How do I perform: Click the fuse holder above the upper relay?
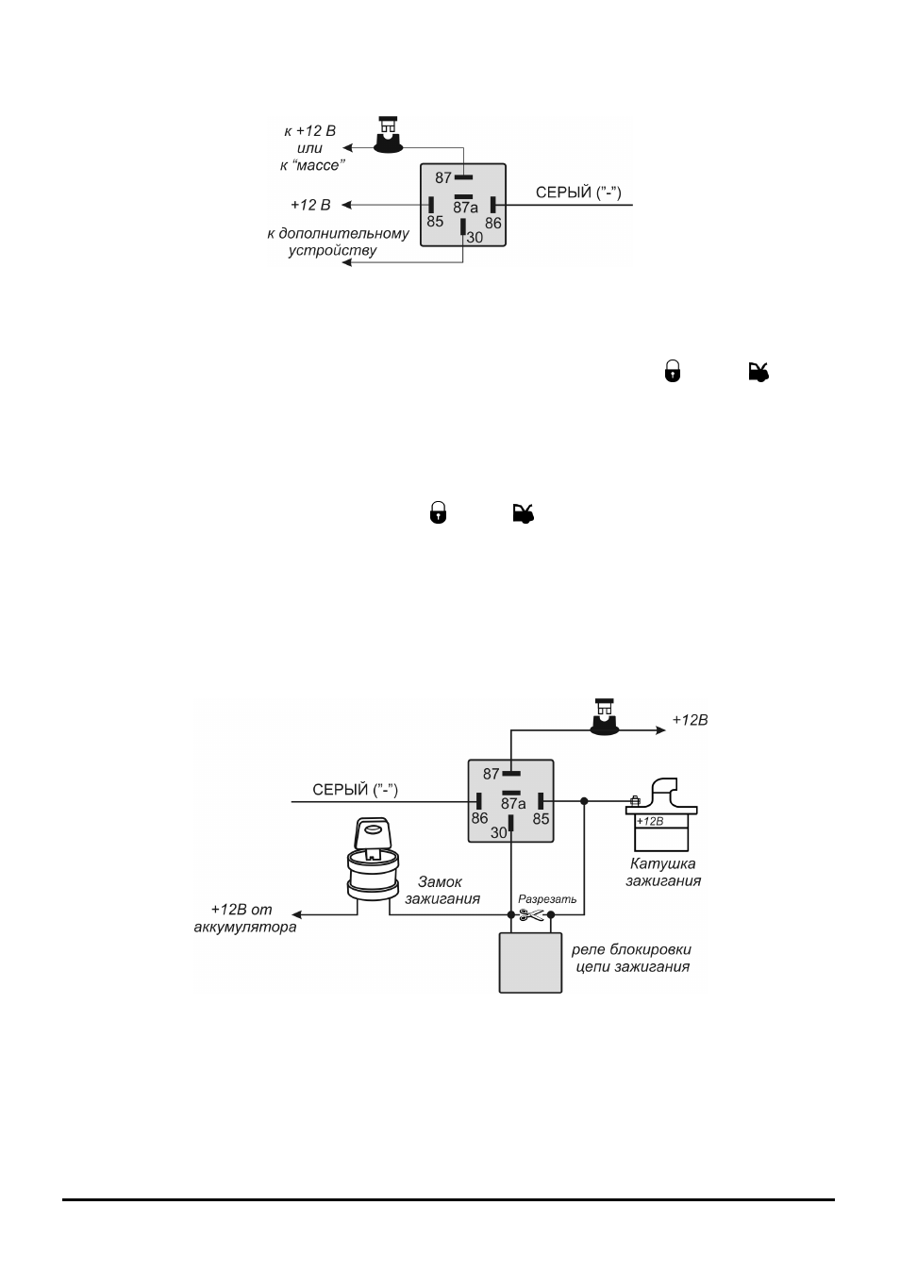[x=389, y=135]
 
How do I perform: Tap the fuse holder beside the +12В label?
[x=604, y=717]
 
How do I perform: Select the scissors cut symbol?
[x=531, y=914]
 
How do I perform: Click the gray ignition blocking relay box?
[x=530, y=962]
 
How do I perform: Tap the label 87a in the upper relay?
[x=465, y=208]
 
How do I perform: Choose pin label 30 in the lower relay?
[x=498, y=832]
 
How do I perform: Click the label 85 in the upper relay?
[x=435, y=222]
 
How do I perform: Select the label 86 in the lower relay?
[x=479, y=818]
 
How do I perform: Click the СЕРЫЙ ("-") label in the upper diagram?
[x=578, y=192]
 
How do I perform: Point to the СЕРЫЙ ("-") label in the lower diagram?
[x=355, y=790]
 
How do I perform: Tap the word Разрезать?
[x=547, y=899]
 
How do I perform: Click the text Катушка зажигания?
[x=663, y=872]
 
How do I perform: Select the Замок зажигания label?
[x=442, y=891]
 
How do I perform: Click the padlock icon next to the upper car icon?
[x=673, y=372]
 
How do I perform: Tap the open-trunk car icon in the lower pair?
[x=523, y=513]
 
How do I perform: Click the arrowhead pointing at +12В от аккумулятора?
[x=296, y=914]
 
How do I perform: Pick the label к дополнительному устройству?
[x=338, y=242]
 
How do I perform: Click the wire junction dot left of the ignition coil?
[x=584, y=801]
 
